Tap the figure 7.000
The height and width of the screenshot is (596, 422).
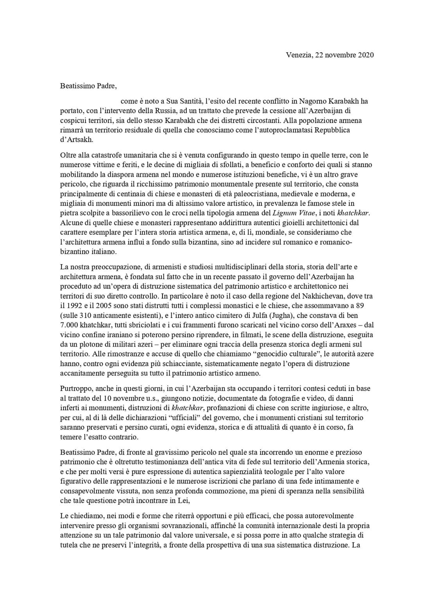tap(70, 325)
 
